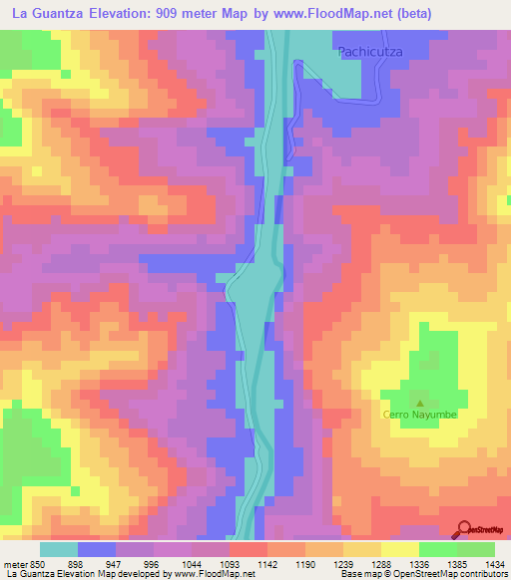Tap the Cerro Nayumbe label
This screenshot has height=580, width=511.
click(419, 415)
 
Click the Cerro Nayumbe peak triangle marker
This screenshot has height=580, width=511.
click(419, 403)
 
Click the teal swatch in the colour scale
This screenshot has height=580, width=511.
click(59, 549)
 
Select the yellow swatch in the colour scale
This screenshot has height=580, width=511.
click(400, 549)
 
